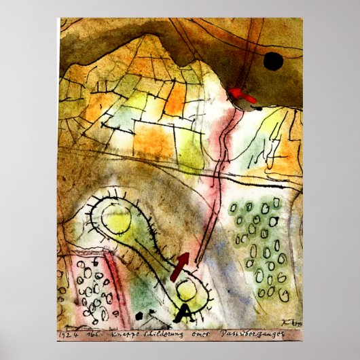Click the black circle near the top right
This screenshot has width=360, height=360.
(273, 62)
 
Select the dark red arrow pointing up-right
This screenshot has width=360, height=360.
(180, 266)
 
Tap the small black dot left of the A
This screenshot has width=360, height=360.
(140, 315)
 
